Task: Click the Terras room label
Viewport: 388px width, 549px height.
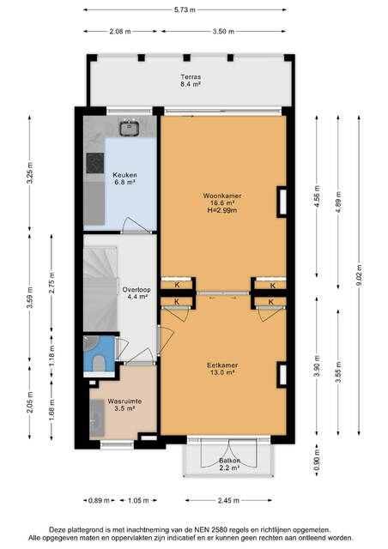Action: [191, 76]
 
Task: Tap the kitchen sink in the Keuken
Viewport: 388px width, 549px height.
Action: [130, 129]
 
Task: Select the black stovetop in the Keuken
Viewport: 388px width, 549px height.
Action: [95, 163]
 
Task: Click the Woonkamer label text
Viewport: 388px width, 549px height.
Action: [222, 196]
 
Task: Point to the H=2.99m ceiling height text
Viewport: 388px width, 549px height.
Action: [222, 210]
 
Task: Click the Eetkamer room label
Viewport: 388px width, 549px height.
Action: [222, 365]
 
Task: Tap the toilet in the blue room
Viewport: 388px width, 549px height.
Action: [100, 364]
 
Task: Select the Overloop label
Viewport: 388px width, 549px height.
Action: [136, 290]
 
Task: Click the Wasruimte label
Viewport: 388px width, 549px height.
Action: [124, 401]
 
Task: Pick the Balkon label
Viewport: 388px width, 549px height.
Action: [229, 461]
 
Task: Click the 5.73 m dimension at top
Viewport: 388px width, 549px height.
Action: [185, 9]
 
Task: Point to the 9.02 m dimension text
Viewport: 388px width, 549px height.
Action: [359, 275]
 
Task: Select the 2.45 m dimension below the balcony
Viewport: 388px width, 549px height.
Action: [228, 500]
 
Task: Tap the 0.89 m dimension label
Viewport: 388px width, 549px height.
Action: [99, 500]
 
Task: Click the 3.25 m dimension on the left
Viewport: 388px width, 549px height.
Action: [30, 173]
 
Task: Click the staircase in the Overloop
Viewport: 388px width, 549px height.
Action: [100, 289]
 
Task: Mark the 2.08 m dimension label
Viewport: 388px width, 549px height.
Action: [120, 31]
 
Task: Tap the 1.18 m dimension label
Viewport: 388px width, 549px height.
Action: [52, 355]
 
